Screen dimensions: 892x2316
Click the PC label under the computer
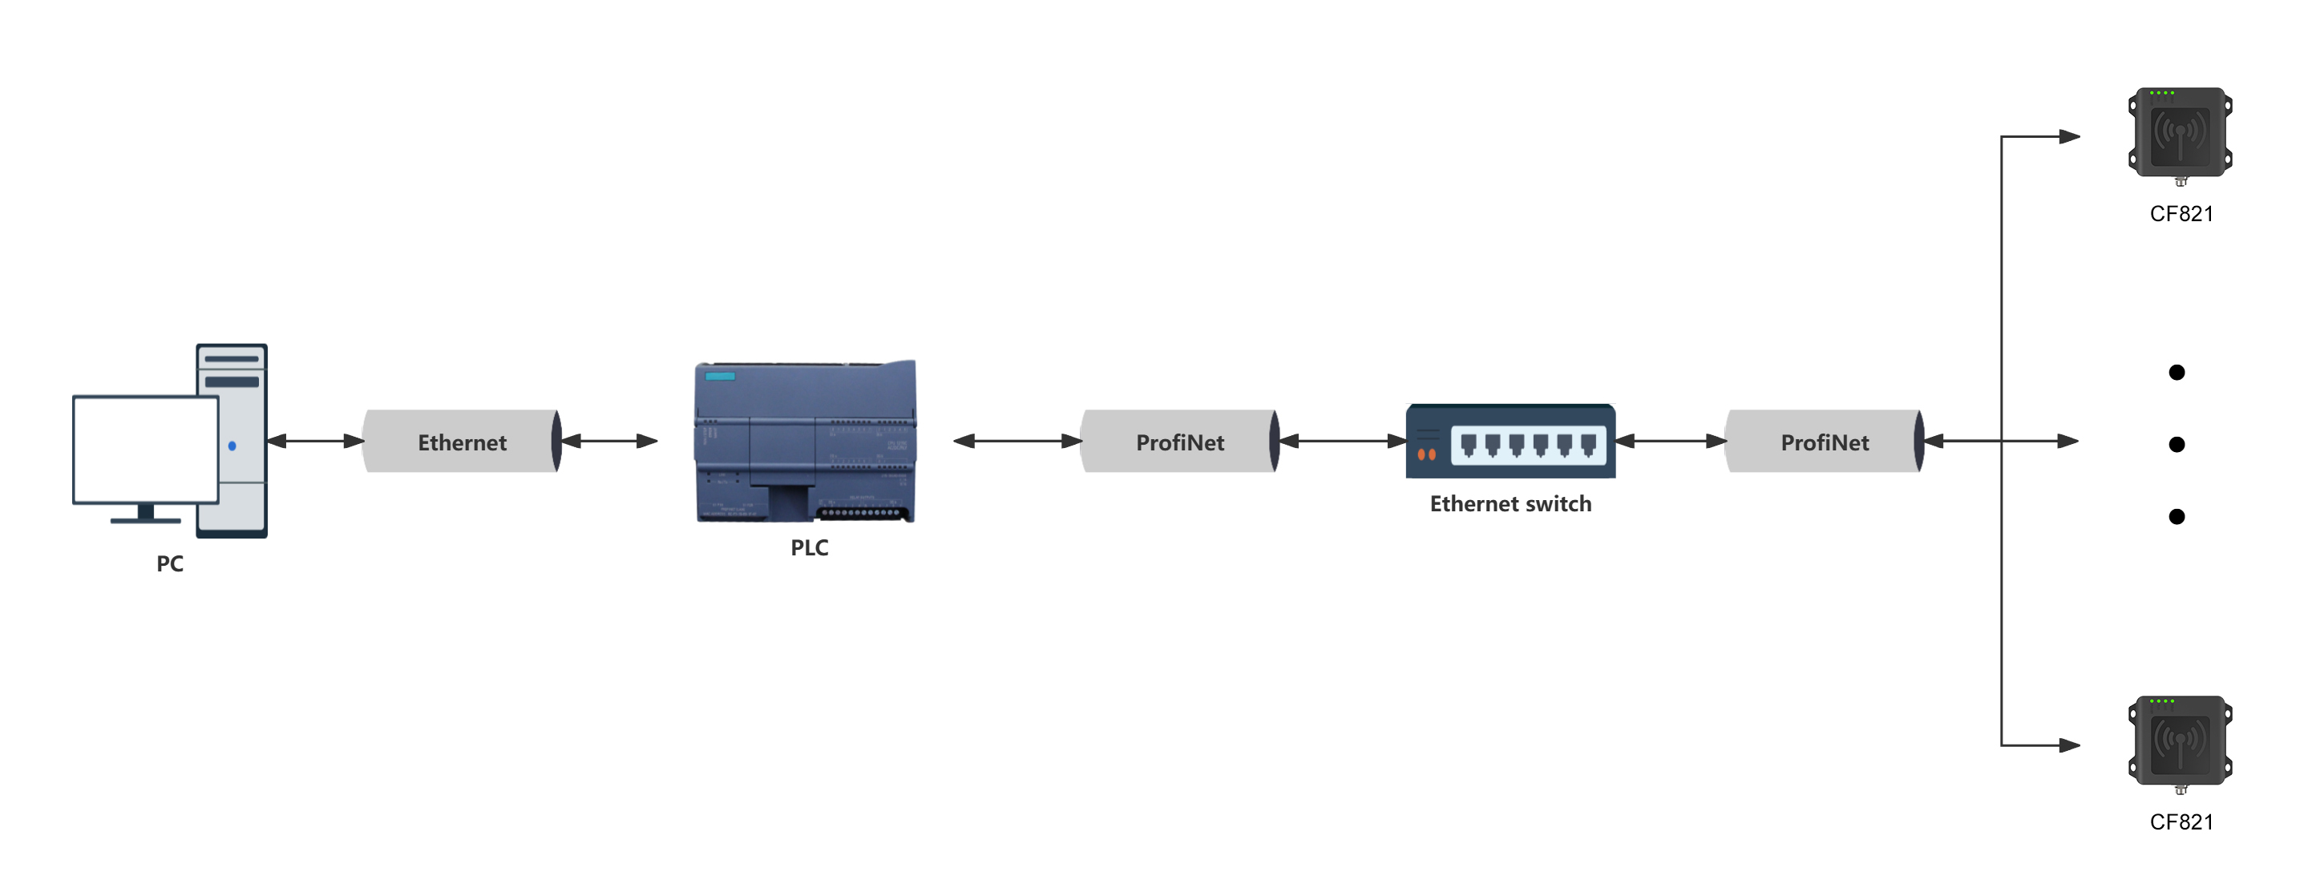[x=169, y=563]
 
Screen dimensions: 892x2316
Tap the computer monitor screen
[x=145, y=450]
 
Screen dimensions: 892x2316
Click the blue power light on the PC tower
[x=232, y=446]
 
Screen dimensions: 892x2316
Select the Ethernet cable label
[x=462, y=442]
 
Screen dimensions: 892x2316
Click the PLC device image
[x=806, y=442]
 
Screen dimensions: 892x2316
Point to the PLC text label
[x=809, y=547]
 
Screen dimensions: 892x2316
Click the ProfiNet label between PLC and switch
[x=1179, y=442]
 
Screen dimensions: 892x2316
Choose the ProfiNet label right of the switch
[x=1825, y=442]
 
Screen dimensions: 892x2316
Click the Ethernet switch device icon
[x=1510, y=442]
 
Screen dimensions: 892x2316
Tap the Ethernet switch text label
[x=1510, y=503]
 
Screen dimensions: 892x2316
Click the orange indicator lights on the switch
[x=1426, y=455]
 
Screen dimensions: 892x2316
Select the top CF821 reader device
[x=2180, y=133]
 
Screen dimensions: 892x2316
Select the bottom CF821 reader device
[x=2180, y=741]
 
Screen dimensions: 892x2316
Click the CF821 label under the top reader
[x=2181, y=214]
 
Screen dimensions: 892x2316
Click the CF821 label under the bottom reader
[x=2181, y=821]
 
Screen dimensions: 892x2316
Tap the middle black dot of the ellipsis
[x=2177, y=444]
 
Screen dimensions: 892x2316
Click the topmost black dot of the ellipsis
[x=2177, y=372]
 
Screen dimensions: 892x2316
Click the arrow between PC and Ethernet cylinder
[x=315, y=441]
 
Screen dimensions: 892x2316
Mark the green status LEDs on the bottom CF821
[x=2161, y=701]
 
